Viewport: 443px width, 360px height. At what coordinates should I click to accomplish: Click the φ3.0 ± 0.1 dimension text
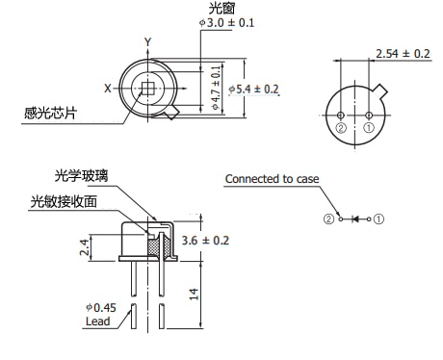226,23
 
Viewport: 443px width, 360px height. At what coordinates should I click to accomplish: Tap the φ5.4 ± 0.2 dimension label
253,90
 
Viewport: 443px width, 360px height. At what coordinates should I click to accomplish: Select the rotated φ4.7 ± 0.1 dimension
217,88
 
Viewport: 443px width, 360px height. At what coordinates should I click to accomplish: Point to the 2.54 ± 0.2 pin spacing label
403,54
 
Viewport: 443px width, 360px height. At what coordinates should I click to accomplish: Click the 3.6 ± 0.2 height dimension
205,241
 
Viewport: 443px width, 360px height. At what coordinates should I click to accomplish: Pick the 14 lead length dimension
194,294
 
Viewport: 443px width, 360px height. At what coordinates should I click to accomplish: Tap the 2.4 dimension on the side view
84,247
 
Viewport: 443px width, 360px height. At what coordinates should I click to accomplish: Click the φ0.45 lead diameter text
101,308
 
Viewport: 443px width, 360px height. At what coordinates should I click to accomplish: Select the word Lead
98,321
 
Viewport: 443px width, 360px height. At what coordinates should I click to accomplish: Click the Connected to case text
273,179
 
